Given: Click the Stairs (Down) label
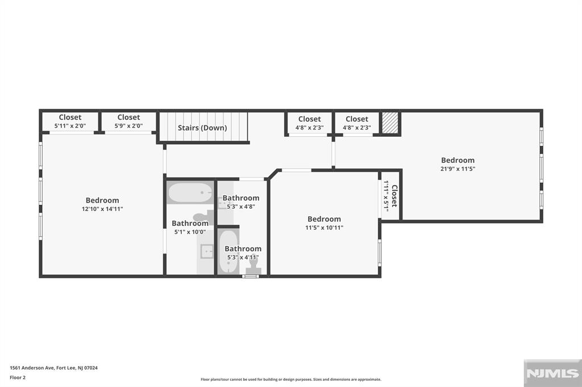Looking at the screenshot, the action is (202, 128).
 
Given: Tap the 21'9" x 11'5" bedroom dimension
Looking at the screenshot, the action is (458, 169).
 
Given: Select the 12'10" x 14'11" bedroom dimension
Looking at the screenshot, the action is (102, 209).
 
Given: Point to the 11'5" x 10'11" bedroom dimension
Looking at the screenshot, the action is (324, 228).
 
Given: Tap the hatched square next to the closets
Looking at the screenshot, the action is (390, 123).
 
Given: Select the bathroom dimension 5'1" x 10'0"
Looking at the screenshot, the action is (190, 232).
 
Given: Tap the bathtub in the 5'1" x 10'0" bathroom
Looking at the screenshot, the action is (190, 193).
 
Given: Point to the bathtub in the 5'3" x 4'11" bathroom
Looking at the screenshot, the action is (227, 252).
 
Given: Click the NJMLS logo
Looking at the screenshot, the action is (552, 373).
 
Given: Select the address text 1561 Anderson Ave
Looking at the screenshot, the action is (32, 368).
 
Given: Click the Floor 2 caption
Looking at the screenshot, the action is (18, 378).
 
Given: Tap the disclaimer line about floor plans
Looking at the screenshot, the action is (291, 379).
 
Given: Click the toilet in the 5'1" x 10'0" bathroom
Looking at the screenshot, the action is (203, 217).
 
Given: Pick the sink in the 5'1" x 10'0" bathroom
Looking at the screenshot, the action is (206, 251).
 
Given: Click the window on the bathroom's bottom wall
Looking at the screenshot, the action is (251, 276).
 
